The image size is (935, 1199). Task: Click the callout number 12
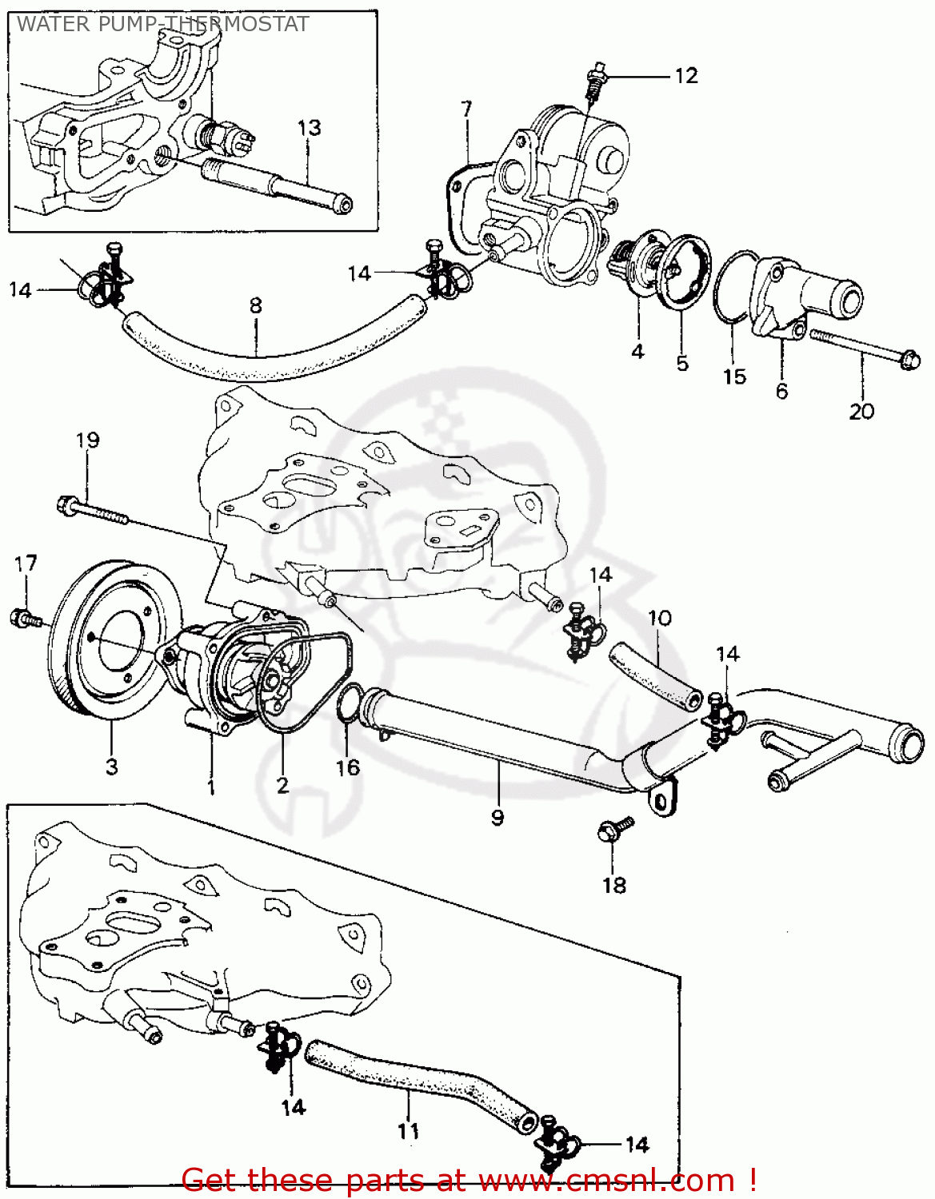[x=686, y=76]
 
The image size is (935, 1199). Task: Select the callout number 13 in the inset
[x=309, y=128]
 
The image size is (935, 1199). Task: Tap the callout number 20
[x=861, y=412]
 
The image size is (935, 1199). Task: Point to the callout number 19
[x=88, y=440]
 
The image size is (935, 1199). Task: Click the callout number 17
[x=26, y=564]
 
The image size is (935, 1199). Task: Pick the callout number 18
[x=614, y=886]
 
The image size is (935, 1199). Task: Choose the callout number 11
[x=408, y=1131]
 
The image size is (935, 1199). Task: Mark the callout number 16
[x=348, y=768]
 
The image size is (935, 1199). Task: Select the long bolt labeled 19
[x=92, y=511]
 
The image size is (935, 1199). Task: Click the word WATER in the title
[x=53, y=24]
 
